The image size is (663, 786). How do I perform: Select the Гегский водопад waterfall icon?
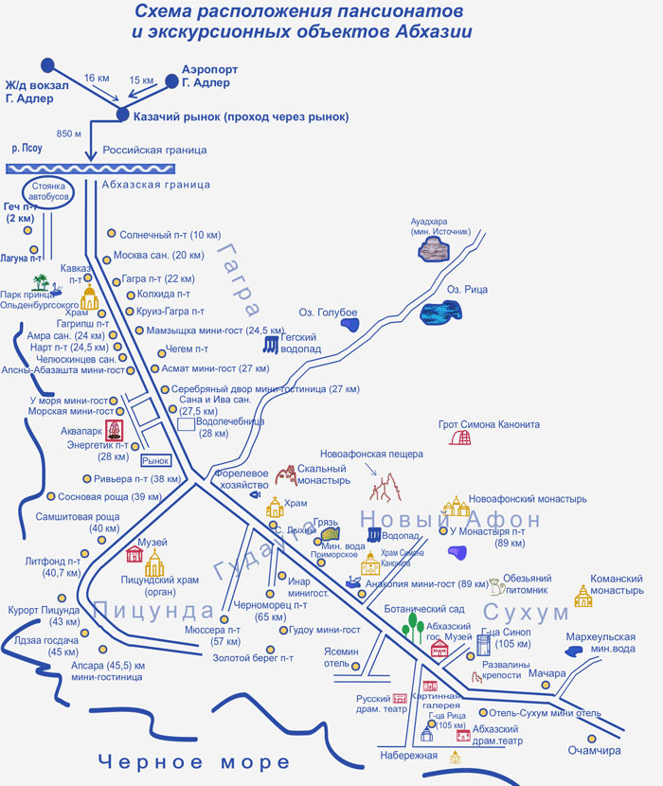[272, 343]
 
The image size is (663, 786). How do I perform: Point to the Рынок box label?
[155, 460]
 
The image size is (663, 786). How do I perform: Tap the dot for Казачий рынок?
[122, 116]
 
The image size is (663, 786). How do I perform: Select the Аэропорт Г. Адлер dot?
[171, 81]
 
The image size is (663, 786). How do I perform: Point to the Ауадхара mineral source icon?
[434, 249]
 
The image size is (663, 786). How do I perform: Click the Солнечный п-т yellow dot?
[111, 233]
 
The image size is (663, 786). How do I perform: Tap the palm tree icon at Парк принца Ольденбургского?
[39, 282]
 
